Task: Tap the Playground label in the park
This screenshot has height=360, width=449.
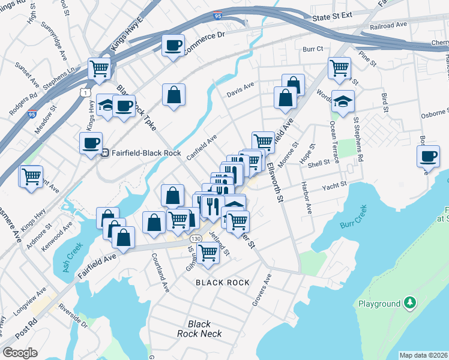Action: click(379, 304)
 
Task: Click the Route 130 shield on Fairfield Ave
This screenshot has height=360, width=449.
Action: click(196, 239)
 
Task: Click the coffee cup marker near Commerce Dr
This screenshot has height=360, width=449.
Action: click(173, 46)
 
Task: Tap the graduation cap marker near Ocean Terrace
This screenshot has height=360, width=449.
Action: click(343, 101)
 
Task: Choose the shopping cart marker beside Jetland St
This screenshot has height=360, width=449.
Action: click(208, 253)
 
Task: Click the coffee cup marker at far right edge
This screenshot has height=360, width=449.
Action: click(429, 157)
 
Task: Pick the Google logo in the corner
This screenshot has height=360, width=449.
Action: click(20, 352)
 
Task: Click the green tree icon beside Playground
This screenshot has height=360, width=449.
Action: click(409, 302)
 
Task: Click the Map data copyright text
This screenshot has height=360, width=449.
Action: click(423, 355)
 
